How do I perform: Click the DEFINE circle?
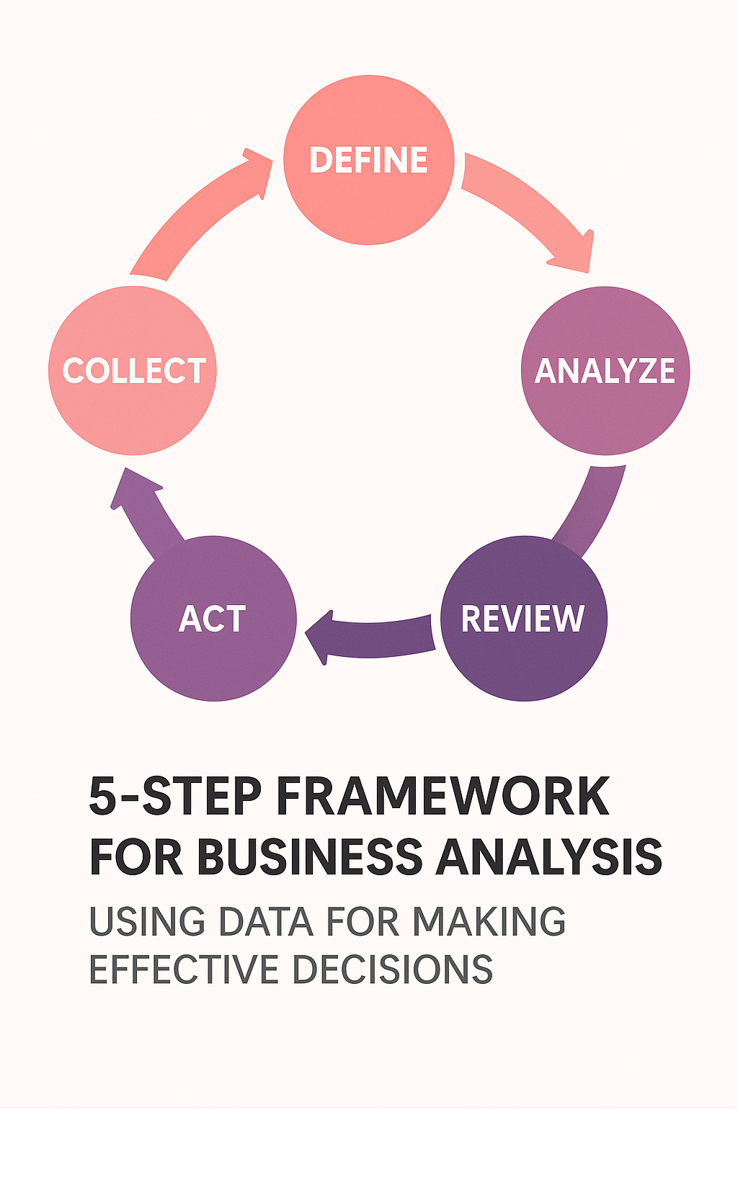click(368, 160)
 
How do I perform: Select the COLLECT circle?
click(133, 370)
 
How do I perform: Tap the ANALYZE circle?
click(605, 370)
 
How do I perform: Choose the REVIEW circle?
click(524, 618)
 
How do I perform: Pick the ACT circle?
click(213, 618)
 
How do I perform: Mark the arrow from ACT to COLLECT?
click(144, 508)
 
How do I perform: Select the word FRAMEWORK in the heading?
click(443, 796)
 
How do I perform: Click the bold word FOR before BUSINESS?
click(135, 856)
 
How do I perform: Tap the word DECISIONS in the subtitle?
click(393, 970)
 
